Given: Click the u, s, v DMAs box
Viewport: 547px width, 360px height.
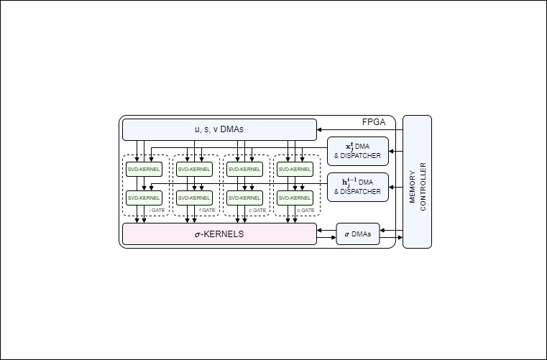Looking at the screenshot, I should click(219, 129).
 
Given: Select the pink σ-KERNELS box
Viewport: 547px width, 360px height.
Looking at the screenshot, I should click(219, 234).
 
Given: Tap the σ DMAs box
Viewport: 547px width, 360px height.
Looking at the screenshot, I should click(357, 234).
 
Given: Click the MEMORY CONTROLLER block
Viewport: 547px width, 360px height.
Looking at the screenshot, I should click(417, 181).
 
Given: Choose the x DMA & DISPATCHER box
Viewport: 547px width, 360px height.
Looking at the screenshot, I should click(357, 151).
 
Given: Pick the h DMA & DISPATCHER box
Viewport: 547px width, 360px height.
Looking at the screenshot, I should click(357, 187).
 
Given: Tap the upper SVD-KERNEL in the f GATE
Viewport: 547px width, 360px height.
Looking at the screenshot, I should click(195, 169).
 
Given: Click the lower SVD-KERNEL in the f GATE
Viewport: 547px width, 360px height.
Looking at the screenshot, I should click(195, 198).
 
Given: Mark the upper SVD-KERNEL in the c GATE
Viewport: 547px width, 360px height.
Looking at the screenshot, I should click(246, 169).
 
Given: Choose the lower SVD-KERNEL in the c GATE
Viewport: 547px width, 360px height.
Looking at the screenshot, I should click(246, 198).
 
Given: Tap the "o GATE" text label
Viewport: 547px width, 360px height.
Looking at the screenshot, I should click(308, 210).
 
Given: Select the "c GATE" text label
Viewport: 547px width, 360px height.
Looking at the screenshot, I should click(257, 210).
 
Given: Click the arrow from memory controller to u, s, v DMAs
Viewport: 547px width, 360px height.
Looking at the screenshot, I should click(359, 129).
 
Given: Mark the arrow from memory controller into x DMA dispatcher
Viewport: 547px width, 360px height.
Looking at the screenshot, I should click(396, 151).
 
